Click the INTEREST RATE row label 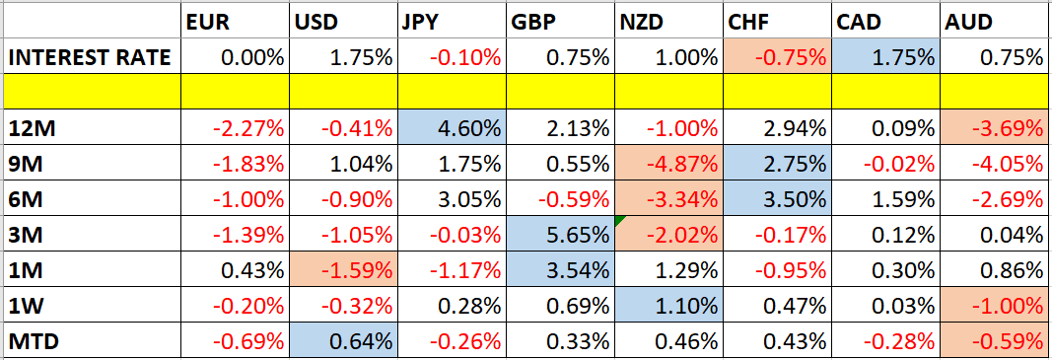coord(91,57)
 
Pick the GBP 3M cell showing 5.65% coord(559,235)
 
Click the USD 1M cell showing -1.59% coord(342,270)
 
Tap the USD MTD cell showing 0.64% coord(342,342)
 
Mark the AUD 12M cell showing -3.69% coord(994,128)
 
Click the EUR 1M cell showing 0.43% coord(234,270)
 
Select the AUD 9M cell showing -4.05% coord(994,164)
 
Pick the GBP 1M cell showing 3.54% coord(559,270)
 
